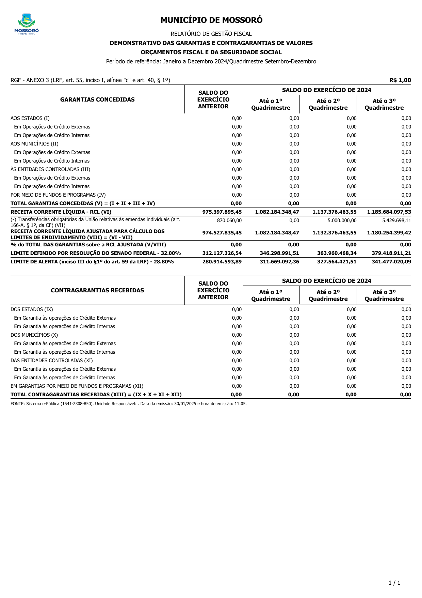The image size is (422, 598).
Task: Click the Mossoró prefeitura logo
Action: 27,24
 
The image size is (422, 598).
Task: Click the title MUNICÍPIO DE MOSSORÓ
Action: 211,20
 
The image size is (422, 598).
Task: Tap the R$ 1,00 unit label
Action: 400,80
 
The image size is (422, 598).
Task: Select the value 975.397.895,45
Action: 222,212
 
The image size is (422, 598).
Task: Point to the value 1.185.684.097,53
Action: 389,212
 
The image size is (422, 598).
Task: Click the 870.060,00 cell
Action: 229,220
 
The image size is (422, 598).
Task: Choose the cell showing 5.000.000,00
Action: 342,220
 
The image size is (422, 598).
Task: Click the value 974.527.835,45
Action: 222,233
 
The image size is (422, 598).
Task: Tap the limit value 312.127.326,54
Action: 222,253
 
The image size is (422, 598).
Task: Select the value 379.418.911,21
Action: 389,253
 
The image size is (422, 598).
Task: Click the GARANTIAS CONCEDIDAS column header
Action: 97,99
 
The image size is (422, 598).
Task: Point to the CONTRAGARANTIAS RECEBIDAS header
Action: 97,290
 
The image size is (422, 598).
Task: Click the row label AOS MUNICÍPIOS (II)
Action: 34,144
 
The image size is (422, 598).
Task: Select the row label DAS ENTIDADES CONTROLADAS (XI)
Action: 52,361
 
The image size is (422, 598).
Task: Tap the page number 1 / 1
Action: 394,583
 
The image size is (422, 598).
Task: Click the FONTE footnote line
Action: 129,404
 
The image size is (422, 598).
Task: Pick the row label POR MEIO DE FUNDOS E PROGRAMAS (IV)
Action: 58,195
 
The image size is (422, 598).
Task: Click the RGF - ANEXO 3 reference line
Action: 91,80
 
